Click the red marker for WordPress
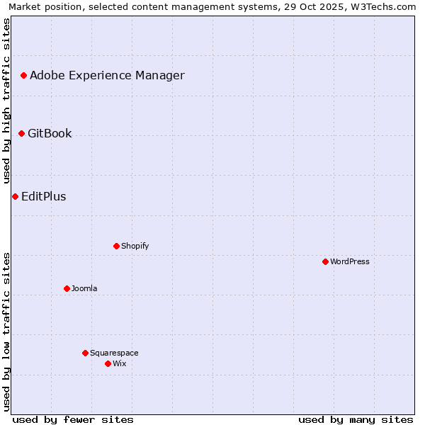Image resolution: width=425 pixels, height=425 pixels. tap(325, 261)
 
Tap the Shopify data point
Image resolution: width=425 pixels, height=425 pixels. tap(116, 246)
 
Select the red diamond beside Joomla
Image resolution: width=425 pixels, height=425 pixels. tap(67, 288)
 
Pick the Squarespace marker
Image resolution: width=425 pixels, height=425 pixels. tap(85, 353)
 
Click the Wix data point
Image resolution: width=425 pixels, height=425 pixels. tap(108, 363)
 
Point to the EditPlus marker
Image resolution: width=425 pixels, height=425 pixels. tap(15, 196)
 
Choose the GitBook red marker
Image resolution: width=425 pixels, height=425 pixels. tap(21, 133)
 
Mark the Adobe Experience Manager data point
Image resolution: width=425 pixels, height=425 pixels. tap(23, 75)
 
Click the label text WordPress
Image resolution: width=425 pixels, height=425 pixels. tap(350, 261)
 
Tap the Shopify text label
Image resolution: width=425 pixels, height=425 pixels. tap(135, 246)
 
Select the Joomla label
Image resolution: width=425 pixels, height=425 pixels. tap(84, 288)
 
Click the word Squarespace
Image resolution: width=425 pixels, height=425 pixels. tap(114, 353)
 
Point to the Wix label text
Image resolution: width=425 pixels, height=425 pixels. tap(119, 363)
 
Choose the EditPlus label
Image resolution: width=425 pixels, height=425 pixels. tap(44, 196)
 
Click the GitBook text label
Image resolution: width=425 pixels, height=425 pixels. tap(50, 133)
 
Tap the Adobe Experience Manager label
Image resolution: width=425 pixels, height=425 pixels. tap(107, 75)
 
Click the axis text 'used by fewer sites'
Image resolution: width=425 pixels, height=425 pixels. tap(73, 419)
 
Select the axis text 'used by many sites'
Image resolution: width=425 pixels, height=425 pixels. tap(356, 419)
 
